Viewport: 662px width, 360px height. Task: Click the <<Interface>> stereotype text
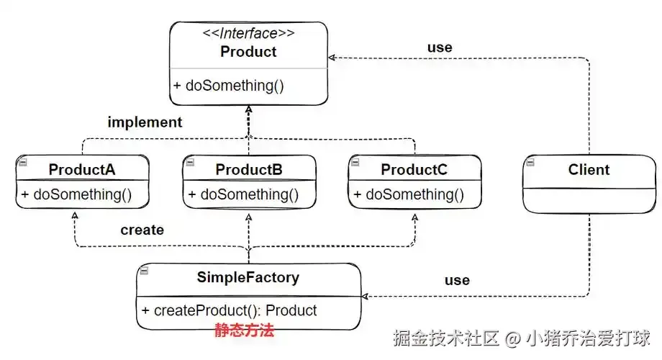pyautogui.click(x=249, y=33)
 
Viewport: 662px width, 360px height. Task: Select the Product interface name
pyautogui.click(x=248, y=52)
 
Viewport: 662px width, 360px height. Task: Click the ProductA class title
pyautogui.click(x=82, y=169)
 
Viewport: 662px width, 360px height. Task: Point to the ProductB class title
pyautogui.click(x=249, y=169)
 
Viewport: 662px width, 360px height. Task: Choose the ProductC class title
pyautogui.click(x=414, y=169)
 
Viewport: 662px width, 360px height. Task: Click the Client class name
pyautogui.click(x=589, y=169)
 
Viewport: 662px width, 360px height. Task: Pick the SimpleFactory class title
pyautogui.click(x=248, y=277)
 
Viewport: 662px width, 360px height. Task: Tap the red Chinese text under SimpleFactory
pyautogui.click(x=245, y=330)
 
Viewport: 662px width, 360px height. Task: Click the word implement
pyautogui.click(x=145, y=122)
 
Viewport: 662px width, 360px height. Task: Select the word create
pyautogui.click(x=142, y=230)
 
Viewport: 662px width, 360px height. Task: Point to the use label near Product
pyautogui.click(x=440, y=48)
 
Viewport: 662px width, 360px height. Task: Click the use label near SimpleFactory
pyautogui.click(x=457, y=280)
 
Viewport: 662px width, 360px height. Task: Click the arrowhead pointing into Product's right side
pyautogui.click(x=332, y=58)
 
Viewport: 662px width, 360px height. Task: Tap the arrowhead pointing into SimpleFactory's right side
pyautogui.click(x=366, y=296)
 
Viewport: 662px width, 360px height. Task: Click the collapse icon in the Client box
pyautogui.click(x=530, y=162)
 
